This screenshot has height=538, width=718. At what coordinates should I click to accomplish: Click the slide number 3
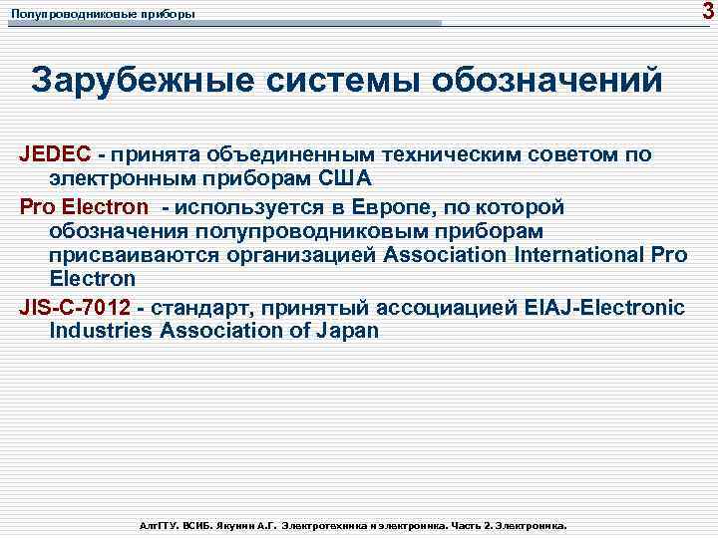706,11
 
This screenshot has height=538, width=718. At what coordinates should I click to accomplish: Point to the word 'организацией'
304,255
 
